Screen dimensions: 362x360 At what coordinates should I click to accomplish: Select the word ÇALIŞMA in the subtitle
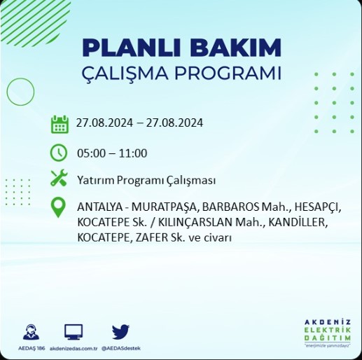pos(125,74)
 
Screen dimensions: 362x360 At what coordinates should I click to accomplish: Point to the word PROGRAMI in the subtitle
pos(228,73)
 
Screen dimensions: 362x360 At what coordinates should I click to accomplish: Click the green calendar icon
pos(60,124)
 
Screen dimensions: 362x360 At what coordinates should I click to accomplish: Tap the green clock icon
pos(59,153)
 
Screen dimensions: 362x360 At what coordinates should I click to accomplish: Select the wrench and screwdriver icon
pos(59,178)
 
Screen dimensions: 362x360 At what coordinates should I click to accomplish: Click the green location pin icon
pos(58,207)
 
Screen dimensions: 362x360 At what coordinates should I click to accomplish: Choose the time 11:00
pos(133,153)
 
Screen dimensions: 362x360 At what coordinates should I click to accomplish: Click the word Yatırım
pos(96,181)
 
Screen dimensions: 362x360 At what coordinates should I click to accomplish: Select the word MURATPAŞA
pos(165,207)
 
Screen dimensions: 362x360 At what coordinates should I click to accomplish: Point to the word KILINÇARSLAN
pos(195,223)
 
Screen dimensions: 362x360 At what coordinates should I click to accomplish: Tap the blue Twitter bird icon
pos(120,332)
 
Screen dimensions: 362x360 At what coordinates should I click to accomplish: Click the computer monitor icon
pos(74,332)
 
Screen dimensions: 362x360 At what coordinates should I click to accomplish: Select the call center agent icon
pos(31,332)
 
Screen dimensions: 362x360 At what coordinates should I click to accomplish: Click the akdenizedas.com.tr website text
pos(74,348)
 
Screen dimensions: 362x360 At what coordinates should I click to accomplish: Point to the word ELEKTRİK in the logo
pos(328,330)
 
